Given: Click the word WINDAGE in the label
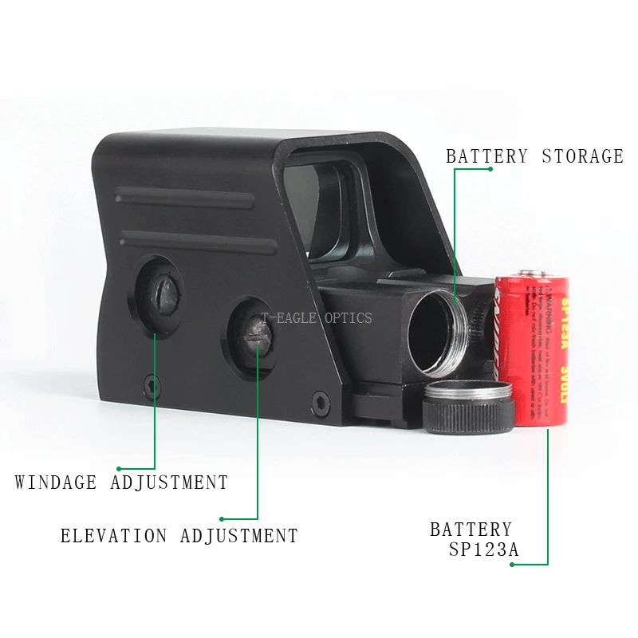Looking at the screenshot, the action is [x=56, y=482].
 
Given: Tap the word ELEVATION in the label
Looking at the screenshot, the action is [x=114, y=536].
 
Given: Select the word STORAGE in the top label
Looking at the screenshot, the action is [x=583, y=156].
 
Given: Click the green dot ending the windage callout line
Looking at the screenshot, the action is [x=119, y=468].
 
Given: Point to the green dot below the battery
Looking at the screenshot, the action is [x=512, y=565].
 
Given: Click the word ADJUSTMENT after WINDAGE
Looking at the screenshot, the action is [x=169, y=482].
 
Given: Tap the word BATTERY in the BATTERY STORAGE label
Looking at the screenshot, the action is [x=486, y=156].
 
